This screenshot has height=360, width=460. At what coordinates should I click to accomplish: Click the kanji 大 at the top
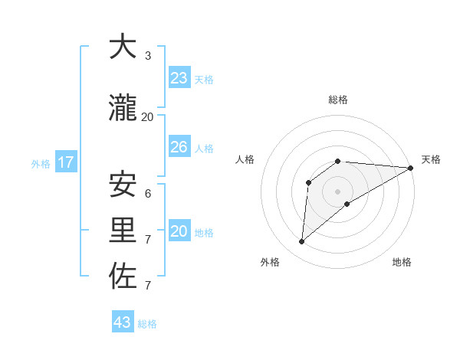click(123, 47)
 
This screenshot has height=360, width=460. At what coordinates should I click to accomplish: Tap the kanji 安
click(123, 185)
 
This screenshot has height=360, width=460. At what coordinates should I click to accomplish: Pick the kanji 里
click(123, 231)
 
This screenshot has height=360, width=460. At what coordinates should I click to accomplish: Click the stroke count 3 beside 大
click(147, 56)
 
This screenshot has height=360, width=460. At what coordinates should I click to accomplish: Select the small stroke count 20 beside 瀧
click(147, 116)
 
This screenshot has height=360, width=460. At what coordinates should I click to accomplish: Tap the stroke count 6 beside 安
click(147, 194)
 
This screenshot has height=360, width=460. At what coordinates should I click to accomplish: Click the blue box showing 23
click(179, 78)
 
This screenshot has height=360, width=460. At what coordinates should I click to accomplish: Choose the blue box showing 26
click(179, 147)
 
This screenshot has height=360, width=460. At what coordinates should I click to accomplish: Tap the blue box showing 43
click(123, 322)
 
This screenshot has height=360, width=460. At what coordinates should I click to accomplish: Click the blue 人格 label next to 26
click(204, 148)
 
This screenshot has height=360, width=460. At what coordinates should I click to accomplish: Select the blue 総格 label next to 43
click(147, 324)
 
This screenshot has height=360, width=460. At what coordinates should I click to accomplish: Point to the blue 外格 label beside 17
click(41, 163)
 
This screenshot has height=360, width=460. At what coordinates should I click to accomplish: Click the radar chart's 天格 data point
click(411, 169)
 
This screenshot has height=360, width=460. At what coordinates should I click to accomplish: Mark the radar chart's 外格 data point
click(302, 242)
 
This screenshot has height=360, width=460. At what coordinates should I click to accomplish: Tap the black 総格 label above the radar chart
click(338, 100)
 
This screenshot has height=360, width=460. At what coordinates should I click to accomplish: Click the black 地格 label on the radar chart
click(402, 262)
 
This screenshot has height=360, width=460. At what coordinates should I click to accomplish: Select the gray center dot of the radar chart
click(337, 191)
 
